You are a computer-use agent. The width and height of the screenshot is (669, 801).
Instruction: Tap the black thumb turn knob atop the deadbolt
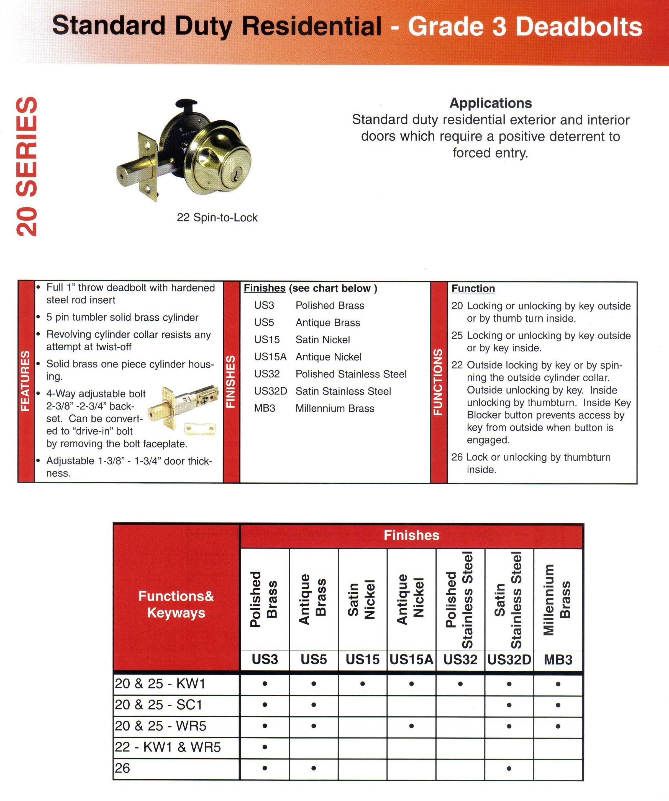click(x=186, y=104)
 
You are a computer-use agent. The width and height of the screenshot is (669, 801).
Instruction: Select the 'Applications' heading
click(x=491, y=103)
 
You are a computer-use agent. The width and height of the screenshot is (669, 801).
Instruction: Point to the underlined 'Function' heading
click(x=473, y=288)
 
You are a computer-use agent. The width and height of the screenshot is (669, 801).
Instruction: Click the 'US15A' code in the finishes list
click(x=270, y=357)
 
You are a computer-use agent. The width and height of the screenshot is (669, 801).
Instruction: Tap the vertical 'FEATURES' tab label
click(x=25, y=381)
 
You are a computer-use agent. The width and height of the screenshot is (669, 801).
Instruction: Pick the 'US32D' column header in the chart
click(x=509, y=659)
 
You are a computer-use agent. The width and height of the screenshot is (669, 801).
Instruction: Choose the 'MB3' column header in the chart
click(x=558, y=659)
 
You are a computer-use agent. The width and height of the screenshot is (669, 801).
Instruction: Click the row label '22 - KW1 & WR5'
click(x=168, y=747)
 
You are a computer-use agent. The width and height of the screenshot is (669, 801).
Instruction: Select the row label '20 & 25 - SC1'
click(x=158, y=705)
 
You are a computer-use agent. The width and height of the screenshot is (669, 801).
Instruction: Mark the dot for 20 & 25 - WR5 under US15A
click(x=411, y=726)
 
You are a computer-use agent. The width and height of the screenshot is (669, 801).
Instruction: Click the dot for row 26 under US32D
click(x=509, y=768)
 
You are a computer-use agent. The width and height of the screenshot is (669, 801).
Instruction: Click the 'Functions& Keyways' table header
click(x=176, y=604)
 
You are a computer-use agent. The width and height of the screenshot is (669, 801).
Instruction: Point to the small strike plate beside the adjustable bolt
click(x=200, y=429)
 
